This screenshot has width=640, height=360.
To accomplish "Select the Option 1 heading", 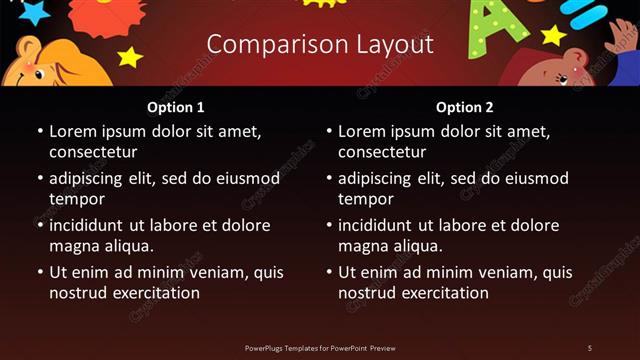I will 176,107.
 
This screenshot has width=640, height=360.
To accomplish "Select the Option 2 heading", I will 465,107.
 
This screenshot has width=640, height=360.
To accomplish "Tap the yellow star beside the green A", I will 553,36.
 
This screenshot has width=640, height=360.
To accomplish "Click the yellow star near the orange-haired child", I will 130,56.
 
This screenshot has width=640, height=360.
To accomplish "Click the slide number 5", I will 589,347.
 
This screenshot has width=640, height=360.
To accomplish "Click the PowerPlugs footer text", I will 320,347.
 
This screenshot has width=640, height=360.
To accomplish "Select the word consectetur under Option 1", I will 93,153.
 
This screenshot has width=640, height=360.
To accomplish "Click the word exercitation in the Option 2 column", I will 442,293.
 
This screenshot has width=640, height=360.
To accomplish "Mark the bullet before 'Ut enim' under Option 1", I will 39,272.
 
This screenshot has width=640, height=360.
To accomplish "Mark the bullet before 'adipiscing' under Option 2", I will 328,179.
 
